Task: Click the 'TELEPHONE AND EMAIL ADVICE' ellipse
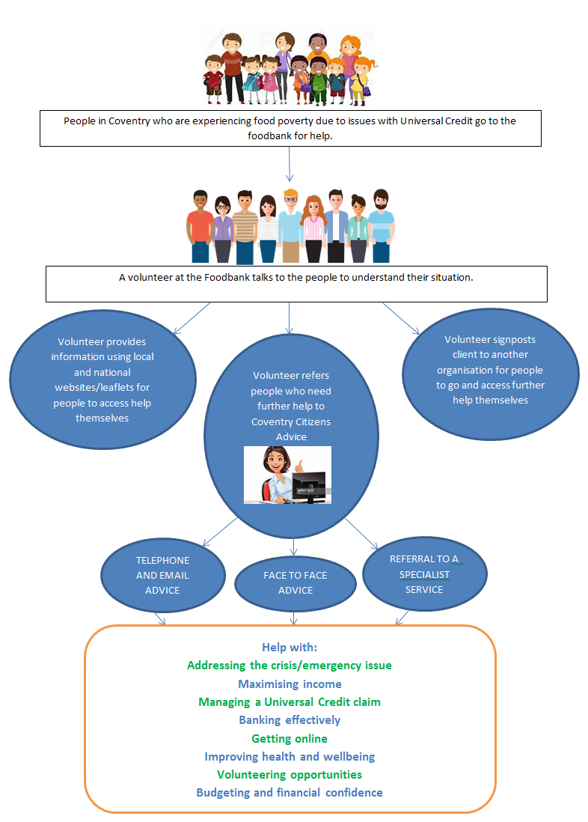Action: (163, 575)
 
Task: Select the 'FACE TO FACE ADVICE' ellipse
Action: (295, 583)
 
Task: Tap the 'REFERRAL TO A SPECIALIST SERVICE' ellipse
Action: (424, 574)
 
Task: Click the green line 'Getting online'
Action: (290, 739)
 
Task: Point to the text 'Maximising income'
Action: (290, 684)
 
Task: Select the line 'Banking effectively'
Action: (290, 720)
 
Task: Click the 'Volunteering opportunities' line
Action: (290, 775)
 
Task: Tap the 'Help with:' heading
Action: (290, 648)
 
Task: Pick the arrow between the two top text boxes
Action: (290, 164)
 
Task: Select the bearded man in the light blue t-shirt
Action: (381, 225)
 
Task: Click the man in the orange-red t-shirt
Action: (200, 227)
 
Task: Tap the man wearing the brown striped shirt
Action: (245, 227)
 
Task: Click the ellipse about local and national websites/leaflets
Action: (102, 380)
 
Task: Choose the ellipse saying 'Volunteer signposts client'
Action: (491, 374)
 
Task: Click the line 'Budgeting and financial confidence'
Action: (290, 793)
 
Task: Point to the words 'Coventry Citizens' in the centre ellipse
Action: (291, 422)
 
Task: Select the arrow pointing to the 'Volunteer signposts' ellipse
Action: (401, 319)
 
